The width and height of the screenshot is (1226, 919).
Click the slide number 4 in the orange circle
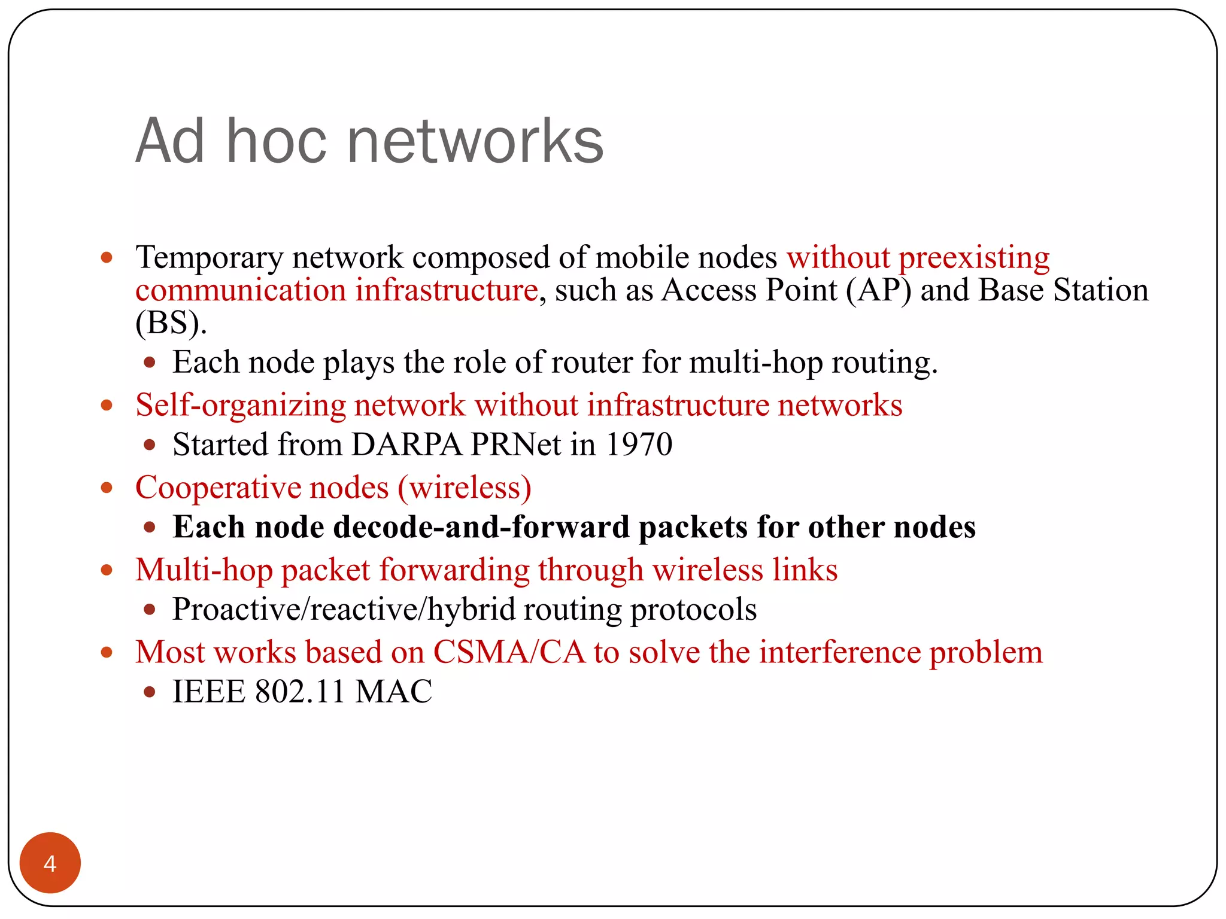point(50,863)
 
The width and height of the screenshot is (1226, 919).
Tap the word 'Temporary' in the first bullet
point(210,258)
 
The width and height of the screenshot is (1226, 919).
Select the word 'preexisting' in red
point(974,258)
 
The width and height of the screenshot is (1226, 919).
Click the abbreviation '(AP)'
point(879,290)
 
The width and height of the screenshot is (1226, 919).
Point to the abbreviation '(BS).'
point(171,323)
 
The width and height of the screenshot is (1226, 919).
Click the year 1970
point(639,445)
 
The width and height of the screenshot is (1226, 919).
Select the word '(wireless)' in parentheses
point(465,488)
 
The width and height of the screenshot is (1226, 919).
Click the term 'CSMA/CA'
point(509,652)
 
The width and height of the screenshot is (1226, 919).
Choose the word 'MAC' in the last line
point(393,692)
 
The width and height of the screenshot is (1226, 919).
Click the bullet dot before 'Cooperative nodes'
point(107,488)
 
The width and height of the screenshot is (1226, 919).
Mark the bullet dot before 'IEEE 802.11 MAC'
point(150,692)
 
